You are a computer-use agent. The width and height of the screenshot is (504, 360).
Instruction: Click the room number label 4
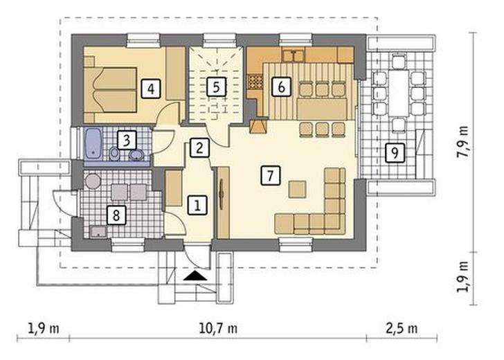coord(151,89)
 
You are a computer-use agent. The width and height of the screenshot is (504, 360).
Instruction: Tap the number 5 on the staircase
coord(216,87)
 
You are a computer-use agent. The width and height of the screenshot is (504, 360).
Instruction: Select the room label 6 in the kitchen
coord(281,87)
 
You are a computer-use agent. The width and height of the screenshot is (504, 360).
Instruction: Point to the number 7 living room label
coord(270,176)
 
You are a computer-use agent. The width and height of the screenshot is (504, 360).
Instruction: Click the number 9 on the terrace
coord(395,152)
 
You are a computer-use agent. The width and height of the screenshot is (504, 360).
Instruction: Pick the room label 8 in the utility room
coord(116,215)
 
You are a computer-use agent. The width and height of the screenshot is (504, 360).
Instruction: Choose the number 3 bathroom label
coord(126,140)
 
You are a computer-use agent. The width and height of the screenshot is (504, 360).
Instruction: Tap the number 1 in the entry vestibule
coord(197,204)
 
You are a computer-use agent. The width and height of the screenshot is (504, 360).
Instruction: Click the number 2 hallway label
coord(199,148)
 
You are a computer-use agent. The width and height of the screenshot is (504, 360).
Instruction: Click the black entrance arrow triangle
coord(195,276)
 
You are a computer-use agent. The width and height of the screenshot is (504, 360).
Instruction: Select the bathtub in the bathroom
coord(93,144)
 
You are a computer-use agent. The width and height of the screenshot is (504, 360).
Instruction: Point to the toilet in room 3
coord(114,154)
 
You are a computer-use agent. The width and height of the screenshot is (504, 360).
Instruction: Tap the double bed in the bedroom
coord(110,90)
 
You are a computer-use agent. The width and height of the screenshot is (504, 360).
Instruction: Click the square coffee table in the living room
coord(297,189)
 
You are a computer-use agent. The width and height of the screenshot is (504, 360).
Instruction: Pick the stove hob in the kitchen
coord(255,82)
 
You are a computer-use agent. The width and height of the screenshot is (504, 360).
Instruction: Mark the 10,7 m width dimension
coord(218,328)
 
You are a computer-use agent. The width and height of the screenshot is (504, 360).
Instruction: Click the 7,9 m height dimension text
coord(463,141)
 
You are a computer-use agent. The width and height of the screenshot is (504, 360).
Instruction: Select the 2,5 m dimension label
coord(402,328)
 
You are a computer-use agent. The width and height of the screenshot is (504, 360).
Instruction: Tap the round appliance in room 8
coord(93,181)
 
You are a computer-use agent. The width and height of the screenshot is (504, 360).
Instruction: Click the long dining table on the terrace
coord(399,93)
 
